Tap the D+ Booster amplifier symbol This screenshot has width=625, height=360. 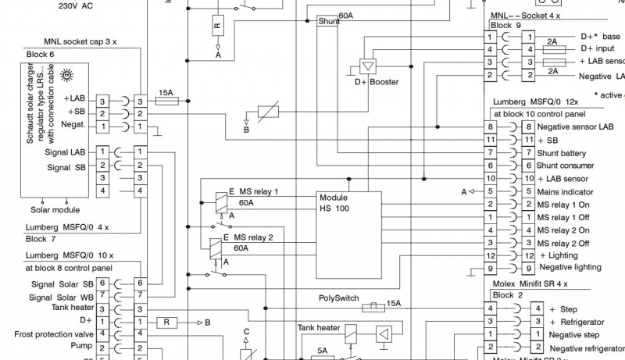(366, 66)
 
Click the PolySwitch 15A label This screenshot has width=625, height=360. (337, 298)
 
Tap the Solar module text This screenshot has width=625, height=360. (55, 209)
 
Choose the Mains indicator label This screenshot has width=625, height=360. (566, 191)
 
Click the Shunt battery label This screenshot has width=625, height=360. (562, 153)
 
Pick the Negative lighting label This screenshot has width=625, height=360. (570, 267)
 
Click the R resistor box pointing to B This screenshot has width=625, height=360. (166, 322)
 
